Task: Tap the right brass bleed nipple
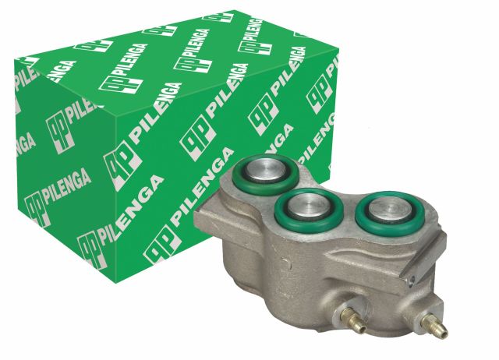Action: tap(434, 326)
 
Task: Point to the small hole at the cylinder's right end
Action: tap(412, 280)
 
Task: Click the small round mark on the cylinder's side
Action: tap(285, 263)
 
